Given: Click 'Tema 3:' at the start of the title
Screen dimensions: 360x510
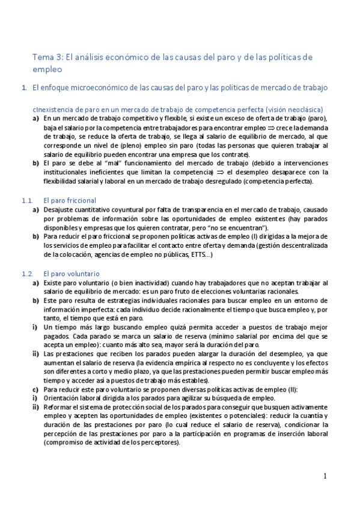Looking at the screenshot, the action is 47,57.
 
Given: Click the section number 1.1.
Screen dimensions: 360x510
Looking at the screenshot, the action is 26,200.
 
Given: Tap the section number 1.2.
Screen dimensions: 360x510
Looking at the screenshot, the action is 26,274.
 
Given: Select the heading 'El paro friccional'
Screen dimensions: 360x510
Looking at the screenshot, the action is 70,200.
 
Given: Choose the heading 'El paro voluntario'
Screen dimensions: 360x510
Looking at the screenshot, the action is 71,274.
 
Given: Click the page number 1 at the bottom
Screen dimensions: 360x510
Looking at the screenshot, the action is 325,476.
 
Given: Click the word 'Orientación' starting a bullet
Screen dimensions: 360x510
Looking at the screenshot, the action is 61,398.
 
